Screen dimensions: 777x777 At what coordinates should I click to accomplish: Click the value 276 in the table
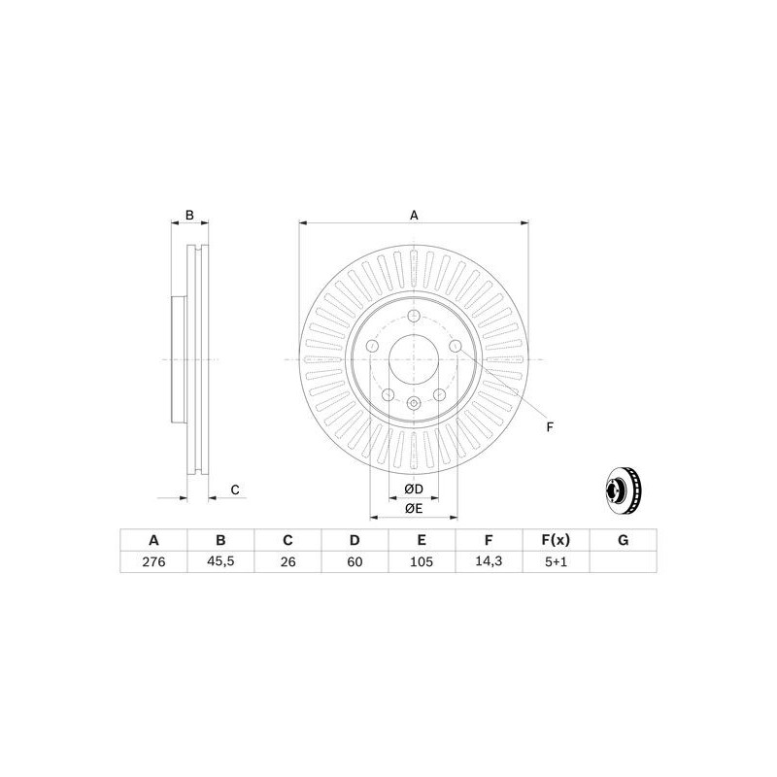coord(152,561)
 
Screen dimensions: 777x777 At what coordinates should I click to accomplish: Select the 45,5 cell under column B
coord(220,561)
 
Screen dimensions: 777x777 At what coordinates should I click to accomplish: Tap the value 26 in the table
coord(287,561)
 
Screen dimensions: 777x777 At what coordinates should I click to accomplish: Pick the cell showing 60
coord(355,561)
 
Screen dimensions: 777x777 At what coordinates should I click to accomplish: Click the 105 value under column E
coord(422,561)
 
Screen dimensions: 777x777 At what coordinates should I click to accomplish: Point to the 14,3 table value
coord(490,561)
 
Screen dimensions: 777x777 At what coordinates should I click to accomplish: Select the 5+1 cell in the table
coord(557,561)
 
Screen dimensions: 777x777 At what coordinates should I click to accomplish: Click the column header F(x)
coord(557,540)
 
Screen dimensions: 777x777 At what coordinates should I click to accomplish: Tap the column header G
coord(625,540)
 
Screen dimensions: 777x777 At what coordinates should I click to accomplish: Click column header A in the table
coord(152,540)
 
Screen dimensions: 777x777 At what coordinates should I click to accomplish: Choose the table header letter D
coord(355,540)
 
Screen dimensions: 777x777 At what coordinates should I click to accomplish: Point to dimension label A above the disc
coord(414,215)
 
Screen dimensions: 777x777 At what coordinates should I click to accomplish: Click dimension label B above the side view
coord(190,215)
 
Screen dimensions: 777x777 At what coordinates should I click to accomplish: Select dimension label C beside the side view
coord(234,490)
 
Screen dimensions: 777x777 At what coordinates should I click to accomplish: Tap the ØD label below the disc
coord(413,488)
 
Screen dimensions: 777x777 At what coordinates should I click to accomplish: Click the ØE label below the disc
coord(413,508)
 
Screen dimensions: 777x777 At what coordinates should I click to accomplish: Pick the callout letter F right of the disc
coord(549,426)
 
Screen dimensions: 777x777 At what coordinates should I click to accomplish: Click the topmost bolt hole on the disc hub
coord(414,318)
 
